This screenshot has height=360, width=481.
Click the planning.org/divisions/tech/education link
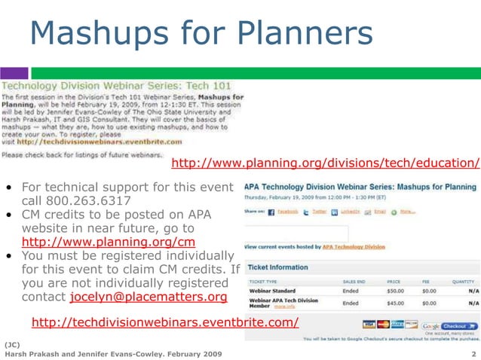tap(325, 163)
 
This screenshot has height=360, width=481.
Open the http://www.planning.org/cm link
tap(109, 242)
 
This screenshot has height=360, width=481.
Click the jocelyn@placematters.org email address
tap(148, 297)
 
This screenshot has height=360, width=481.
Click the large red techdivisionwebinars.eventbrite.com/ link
tap(165, 322)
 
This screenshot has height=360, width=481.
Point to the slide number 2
tap(473, 353)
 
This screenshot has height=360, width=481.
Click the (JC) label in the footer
tap(12, 343)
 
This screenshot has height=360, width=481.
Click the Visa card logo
tap(369, 325)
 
